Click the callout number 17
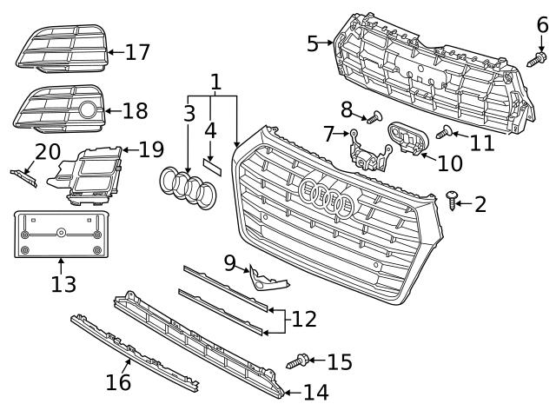click(x=137, y=52)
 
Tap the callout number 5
click(x=313, y=43)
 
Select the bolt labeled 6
click(x=539, y=58)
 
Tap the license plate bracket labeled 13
click(x=61, y=233)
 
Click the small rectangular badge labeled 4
click(x=212, y=165)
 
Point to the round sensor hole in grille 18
click(x=89, y=110)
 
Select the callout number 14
click(x=315, y=393)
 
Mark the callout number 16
click(x=118, y=381)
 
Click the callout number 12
click(x=303, y=319)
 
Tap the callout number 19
click(x=150, y=149)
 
